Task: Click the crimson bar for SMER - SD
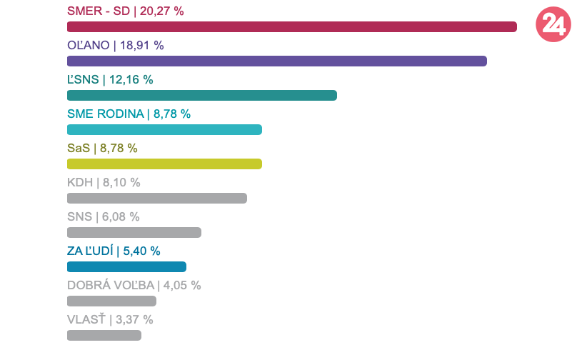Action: click(x=291, y=27)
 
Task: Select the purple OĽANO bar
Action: click(x=276, y=61)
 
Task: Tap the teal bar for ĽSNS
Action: click(x=201, y=96)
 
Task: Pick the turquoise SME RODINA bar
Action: click(x=164, y=130)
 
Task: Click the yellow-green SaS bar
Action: click(x=164, y=164)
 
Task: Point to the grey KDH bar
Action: click(x=156, y=198)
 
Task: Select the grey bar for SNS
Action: click(x=134, y=232)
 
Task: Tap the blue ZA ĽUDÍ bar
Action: click(x=126, y=266)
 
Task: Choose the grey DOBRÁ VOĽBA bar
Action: click(x=111, y=301)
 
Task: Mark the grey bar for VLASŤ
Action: click(x=104, y=335)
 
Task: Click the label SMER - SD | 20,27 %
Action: click(x=125, y=11)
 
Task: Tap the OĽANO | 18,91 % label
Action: click(x=115, y=45)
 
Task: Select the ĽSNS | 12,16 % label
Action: click(x=110, y=79)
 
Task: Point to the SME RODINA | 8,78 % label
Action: click(x=129, y=114)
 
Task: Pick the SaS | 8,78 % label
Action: click(x=102, y=148)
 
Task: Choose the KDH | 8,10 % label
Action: click(x=104, y=182)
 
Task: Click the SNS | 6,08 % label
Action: click(x=103, y=216)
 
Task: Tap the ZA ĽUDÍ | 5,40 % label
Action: click(x=114, y=251)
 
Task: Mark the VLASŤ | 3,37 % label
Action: click(x=110, y=319)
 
